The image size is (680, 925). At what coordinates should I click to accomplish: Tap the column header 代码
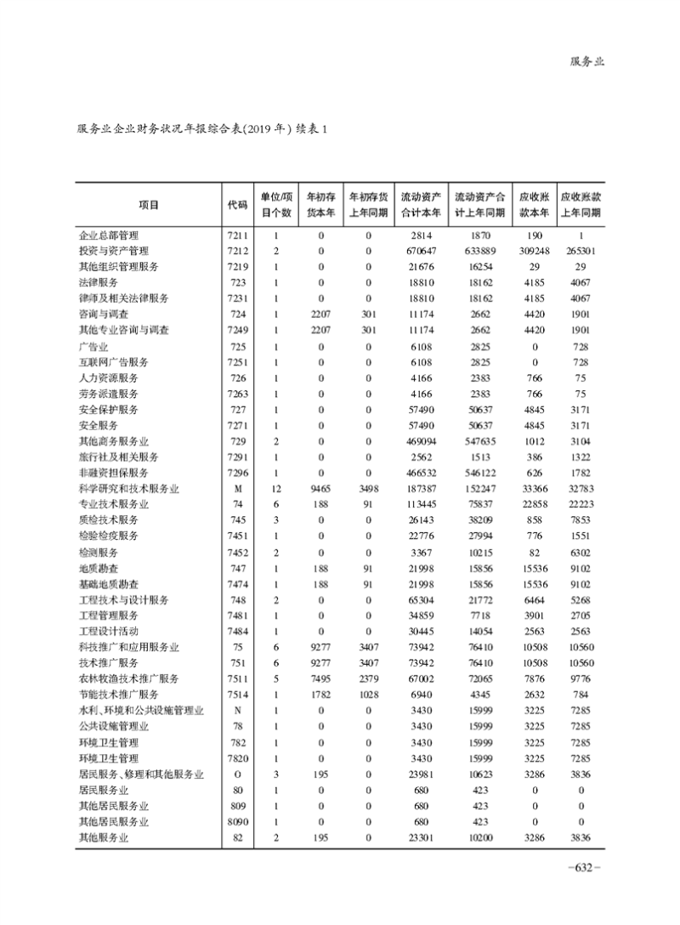237,205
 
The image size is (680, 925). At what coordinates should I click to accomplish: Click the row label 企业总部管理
108,236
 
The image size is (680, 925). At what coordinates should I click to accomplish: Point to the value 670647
422,251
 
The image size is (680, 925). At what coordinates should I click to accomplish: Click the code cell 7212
237,251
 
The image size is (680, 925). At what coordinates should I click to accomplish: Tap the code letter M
237,489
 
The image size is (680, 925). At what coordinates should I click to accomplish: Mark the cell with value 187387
422,489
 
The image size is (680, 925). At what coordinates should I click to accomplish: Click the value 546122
480,473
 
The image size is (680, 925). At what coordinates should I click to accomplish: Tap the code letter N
237,711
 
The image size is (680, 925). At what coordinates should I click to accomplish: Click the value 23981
422,775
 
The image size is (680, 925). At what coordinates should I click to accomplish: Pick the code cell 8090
237,822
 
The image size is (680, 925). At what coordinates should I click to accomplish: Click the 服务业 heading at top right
586,61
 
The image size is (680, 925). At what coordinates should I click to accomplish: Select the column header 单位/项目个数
276,205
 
